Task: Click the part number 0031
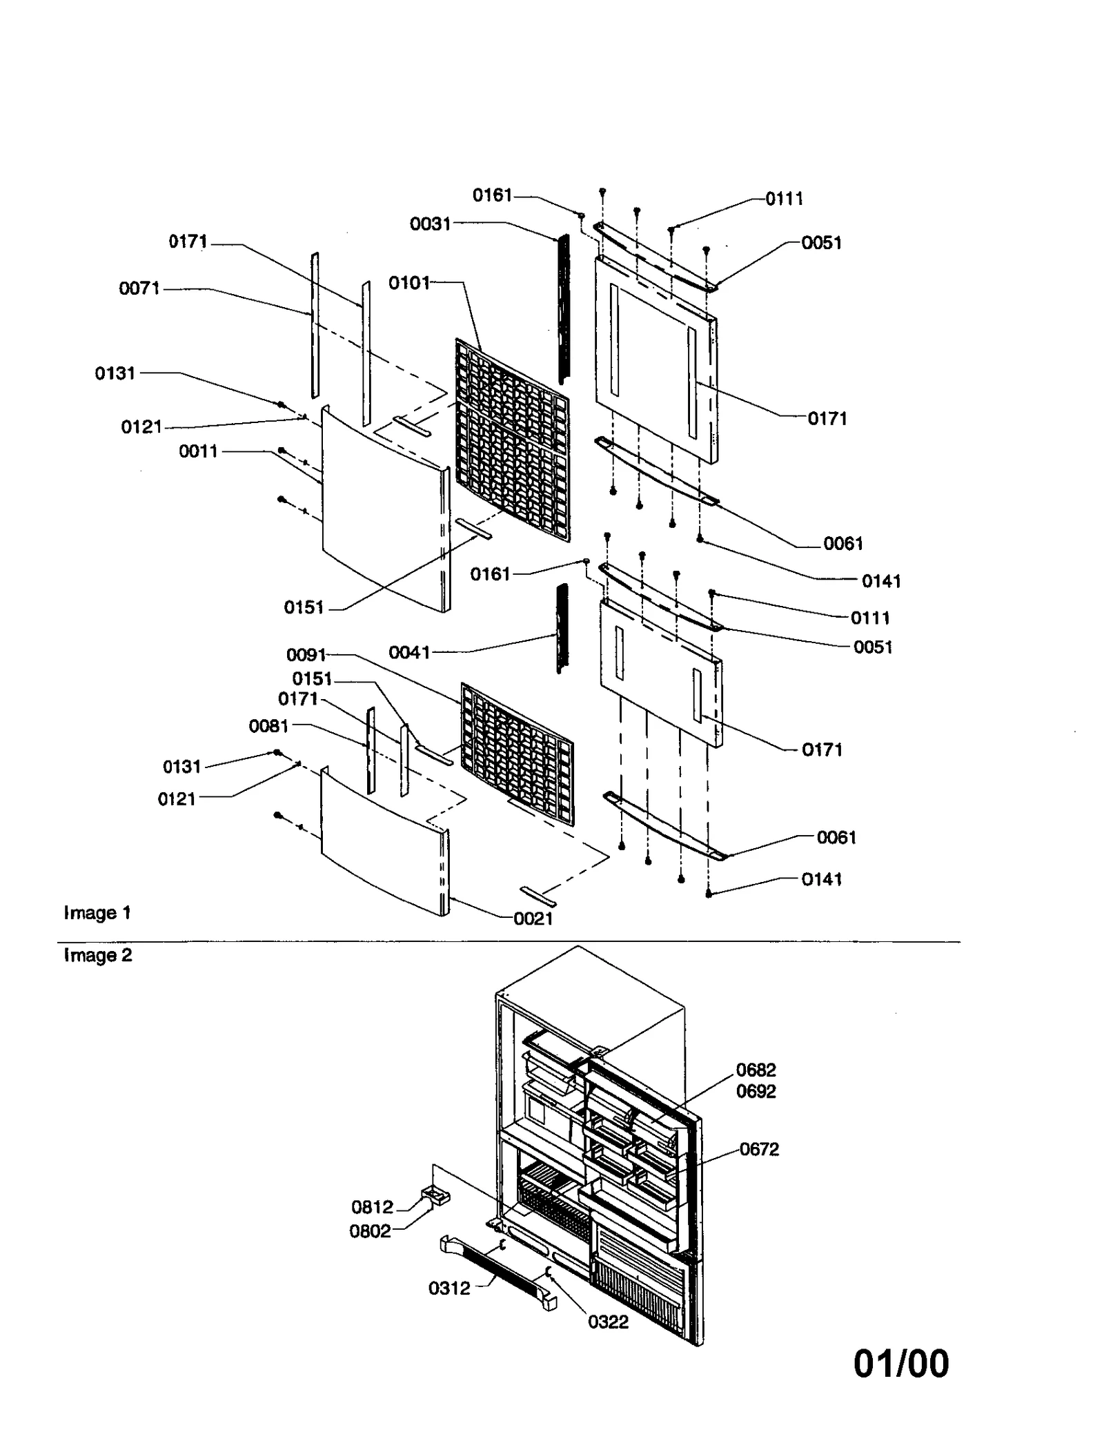pyautogui.click(x=429, y=224)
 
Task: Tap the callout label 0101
pyautogui.click(x=408, y=283)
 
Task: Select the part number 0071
pyautogui.click(x=139, y=288)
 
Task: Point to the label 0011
pyautogui.click(x=198, y=451)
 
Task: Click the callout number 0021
pyautogui.click(x=533, y=919)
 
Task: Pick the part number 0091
pyautogui.click(x=306, y=654)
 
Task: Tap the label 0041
pyautogui.click(x=408, y=652)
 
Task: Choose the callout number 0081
pyautogui.click(x=268, y=726)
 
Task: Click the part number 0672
pyautogui.click(x=759, y=1149)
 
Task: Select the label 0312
pyautogui.click(x=449, y=1288)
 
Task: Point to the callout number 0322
pyautogui.click(x=608, y=1322)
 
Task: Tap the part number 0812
pyautogui.click(x=372, y=1207)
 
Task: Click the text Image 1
pyautogui.click(x=97, y=913)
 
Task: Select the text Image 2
pyautogui.click(x=97, y=955)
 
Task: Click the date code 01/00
pyautogui.click(x=901, y=1364)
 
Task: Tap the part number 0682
pyautogui.click(x=756, y=1070)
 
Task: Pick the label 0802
pyautogui.click(x=370, y=1231)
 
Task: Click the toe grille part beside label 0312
pyautogui.click(x=497, y=1272)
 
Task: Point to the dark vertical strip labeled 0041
pyautogui.click(x=562, y=628)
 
